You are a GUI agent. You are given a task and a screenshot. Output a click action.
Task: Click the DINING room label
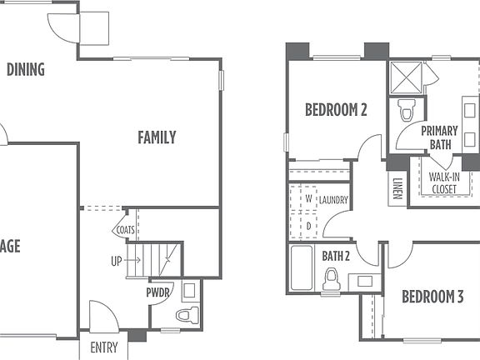(x=25, y=69)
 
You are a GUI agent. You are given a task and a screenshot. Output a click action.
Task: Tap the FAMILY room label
(x=157, y=137)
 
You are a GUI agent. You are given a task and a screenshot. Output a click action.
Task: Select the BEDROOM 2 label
(x=336, y=109)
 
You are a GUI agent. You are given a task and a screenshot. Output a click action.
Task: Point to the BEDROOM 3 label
(x=432, y=296)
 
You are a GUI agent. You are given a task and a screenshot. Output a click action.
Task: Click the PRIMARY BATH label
(x=439, y=137)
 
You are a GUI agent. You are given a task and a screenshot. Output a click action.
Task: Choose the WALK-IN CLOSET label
(x=443, y=182)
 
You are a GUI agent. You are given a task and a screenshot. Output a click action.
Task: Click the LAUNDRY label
(x=332, y=200)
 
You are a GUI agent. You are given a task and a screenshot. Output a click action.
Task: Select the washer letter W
(x=308, y=200)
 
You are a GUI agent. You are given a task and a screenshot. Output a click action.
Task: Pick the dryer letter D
(x=308, y=225)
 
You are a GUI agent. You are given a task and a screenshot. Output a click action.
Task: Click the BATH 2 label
(x=335, y=255)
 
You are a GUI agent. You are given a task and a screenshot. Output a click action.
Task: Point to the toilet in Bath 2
(x=332, y=279)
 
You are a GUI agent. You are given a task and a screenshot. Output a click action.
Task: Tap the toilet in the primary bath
(x=407, y=110)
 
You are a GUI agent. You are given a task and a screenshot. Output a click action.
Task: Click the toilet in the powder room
(x=188, y=315)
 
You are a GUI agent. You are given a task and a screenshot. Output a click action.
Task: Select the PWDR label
(x=158, y=293)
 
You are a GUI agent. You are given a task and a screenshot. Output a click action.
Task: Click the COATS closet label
(x=126, y=230)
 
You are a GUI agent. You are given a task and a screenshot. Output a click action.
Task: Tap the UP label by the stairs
(x=116, y=261)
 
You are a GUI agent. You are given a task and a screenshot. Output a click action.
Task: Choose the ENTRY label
(x=104, y=347)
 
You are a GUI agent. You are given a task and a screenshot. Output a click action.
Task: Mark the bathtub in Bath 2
(x=301, y=268)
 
